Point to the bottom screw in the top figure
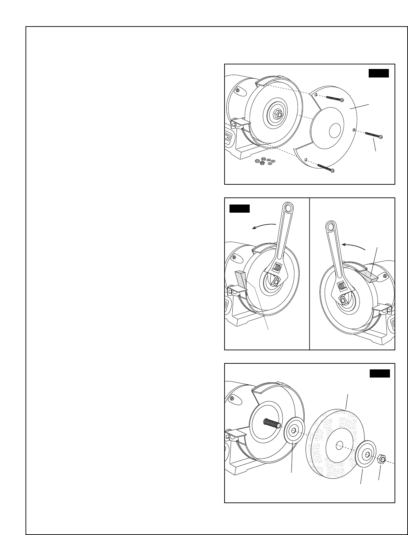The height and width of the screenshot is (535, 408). (x=326, y=168)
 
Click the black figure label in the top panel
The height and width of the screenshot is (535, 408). (x=379, y=73)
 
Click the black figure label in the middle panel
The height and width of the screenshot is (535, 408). (x=240, y=208)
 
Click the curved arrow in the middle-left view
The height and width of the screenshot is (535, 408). (x=263, y=226)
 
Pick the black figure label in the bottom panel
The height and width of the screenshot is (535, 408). (x=380, y=374)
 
